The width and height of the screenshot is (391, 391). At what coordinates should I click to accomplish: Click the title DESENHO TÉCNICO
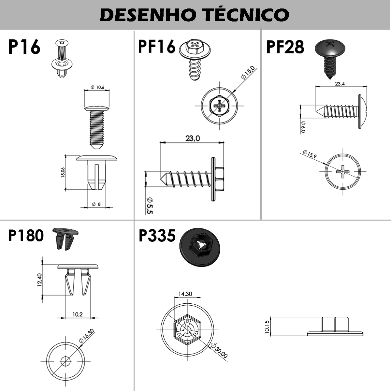click(x=195, y=15)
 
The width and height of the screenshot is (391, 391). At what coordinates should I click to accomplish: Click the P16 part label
click(x=24, y=47)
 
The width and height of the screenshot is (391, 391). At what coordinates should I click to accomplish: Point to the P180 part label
click(x=26, y=236)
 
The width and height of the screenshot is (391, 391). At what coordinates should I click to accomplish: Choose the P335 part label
click(x=157, y=236)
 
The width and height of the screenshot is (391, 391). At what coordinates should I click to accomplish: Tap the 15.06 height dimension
click(x=63, y=172)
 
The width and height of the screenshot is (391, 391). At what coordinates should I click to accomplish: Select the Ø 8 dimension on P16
click(x=96, y=204)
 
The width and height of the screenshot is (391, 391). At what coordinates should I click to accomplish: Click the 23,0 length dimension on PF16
click(x=193, y=138)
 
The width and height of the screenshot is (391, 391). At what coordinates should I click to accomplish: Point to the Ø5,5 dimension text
click(x=150, y=206)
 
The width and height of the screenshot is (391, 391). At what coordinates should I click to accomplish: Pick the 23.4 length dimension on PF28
click(x=340, y=84)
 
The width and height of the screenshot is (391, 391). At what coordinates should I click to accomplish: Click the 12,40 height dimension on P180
click(x=39, y=280)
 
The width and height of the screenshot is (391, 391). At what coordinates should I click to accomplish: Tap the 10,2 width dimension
click(x=78, y=314)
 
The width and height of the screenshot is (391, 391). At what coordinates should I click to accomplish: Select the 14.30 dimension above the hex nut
click(x=185, y=294)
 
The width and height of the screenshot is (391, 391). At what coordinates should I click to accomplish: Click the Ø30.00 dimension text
click(x=220, y=350)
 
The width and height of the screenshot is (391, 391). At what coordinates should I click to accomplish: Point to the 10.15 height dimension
click(x=268, y=326)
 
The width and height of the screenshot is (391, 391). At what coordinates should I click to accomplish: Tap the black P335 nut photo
click(x=199, y=247)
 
